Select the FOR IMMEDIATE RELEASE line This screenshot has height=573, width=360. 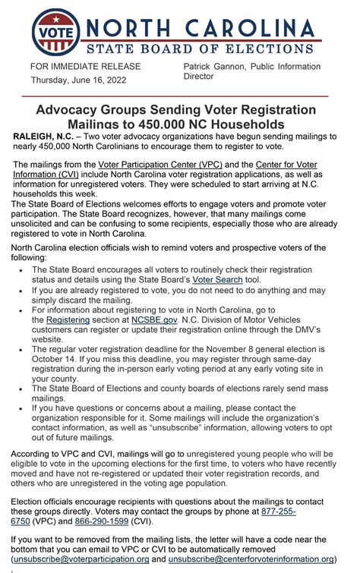tap(85, 67)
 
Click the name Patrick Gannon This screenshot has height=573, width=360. tap(216, 67)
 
